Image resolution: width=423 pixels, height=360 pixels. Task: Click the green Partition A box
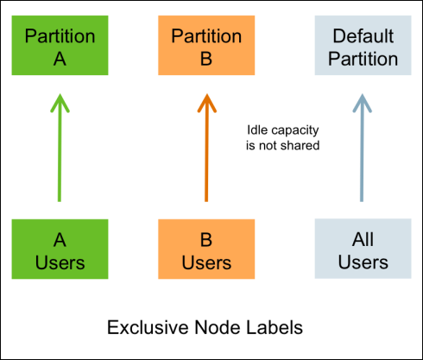60,45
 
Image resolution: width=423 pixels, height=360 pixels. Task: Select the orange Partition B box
206,45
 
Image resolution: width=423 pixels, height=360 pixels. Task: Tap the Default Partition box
363,45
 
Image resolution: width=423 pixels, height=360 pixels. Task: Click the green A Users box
60,249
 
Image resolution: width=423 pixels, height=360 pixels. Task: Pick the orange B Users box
206,249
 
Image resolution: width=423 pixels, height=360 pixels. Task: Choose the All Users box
363,249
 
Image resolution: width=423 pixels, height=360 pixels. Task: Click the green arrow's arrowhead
60,103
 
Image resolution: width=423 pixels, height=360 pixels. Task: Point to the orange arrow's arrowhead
206,103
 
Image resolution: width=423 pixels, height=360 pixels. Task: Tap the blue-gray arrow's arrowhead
363,103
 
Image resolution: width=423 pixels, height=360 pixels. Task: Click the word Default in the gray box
363,36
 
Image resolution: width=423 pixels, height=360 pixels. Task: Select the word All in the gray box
363,239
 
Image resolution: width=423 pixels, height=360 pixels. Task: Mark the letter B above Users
206,240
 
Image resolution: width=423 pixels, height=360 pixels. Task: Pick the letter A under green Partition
60,59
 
